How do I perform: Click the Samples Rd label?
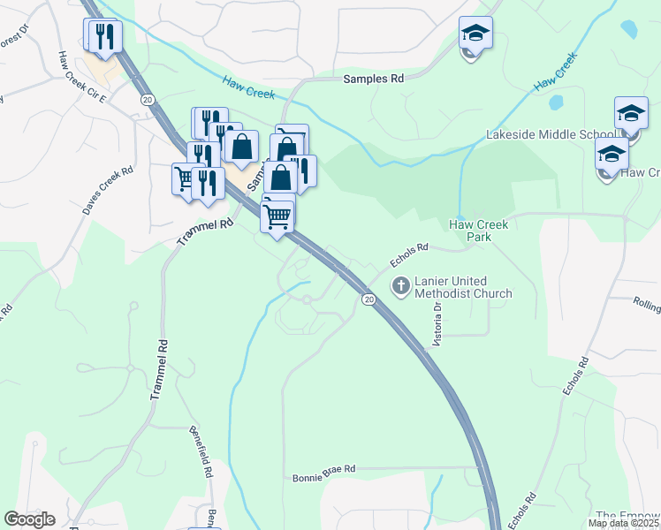pyautogui.click(x=373, y=79)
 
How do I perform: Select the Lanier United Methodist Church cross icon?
pyautogui.click(x=400, y=285)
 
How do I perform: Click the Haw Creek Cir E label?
pyautogui.click(x=81, y=78)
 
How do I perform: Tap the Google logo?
pyautogui.click(x=29, y=519)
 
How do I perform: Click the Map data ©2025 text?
pyautogui.click(x=624, y=523)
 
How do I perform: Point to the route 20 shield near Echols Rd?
pyautogui.click(x=368, y=300)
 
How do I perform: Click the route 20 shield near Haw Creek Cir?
pyautogui.click(x=147, y=101)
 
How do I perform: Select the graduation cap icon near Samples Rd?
pyautogui.click(x=475, y=34)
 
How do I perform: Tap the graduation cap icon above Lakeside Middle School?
pyautogui.click(x=631, y=113)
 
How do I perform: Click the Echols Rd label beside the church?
pyautogui.click(x=410, y=256)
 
